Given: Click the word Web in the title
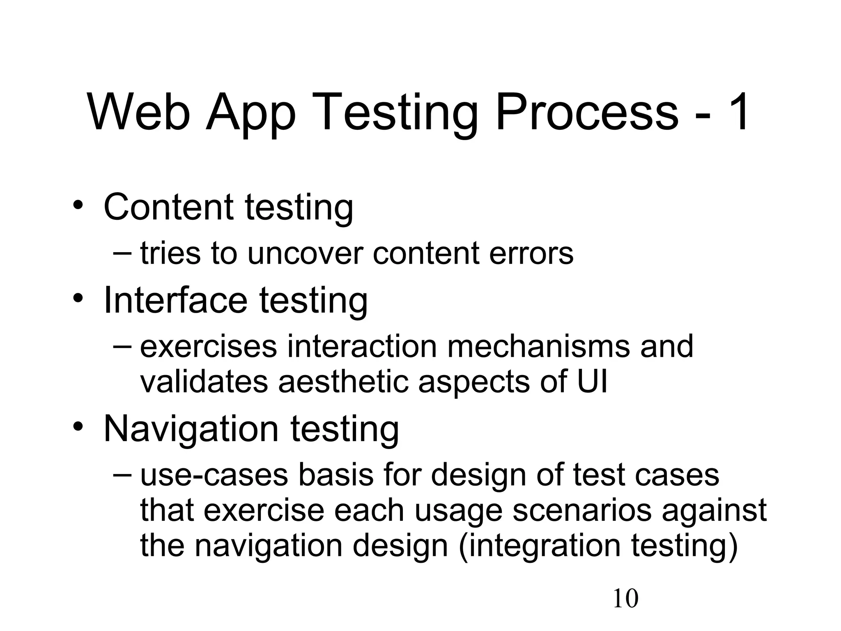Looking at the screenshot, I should (139, 112).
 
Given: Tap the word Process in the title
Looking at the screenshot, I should (587, 112).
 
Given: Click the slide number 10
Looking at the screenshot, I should (625, 599).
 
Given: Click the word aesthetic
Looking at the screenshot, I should (343, 382).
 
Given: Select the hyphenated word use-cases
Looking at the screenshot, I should (214, 475).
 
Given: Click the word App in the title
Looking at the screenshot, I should (251, 112).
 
